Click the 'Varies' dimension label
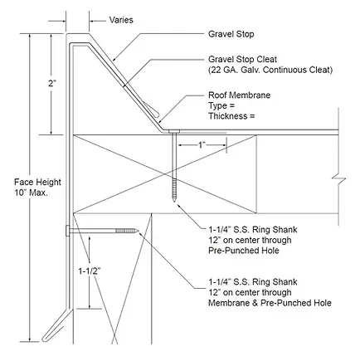pos(121,20)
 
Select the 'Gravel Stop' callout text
pos(231,34)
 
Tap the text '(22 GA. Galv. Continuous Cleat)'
pos(270,70)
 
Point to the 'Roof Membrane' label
pos(239,95)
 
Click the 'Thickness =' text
pos(231,116)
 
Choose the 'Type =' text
pos(221,105)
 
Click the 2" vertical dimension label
pos(52,84)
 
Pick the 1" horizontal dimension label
pos(202,145)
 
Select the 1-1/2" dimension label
pos(89,271)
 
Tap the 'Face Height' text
pos(37,182)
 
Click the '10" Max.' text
pos(31,193)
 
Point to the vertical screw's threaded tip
pos(174,198)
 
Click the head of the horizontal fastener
pos(68,231)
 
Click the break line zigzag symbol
pos(338,181)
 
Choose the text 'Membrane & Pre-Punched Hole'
pos(270,303)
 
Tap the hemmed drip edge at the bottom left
pos(56,325)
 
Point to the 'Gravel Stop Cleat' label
pos(242,59)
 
